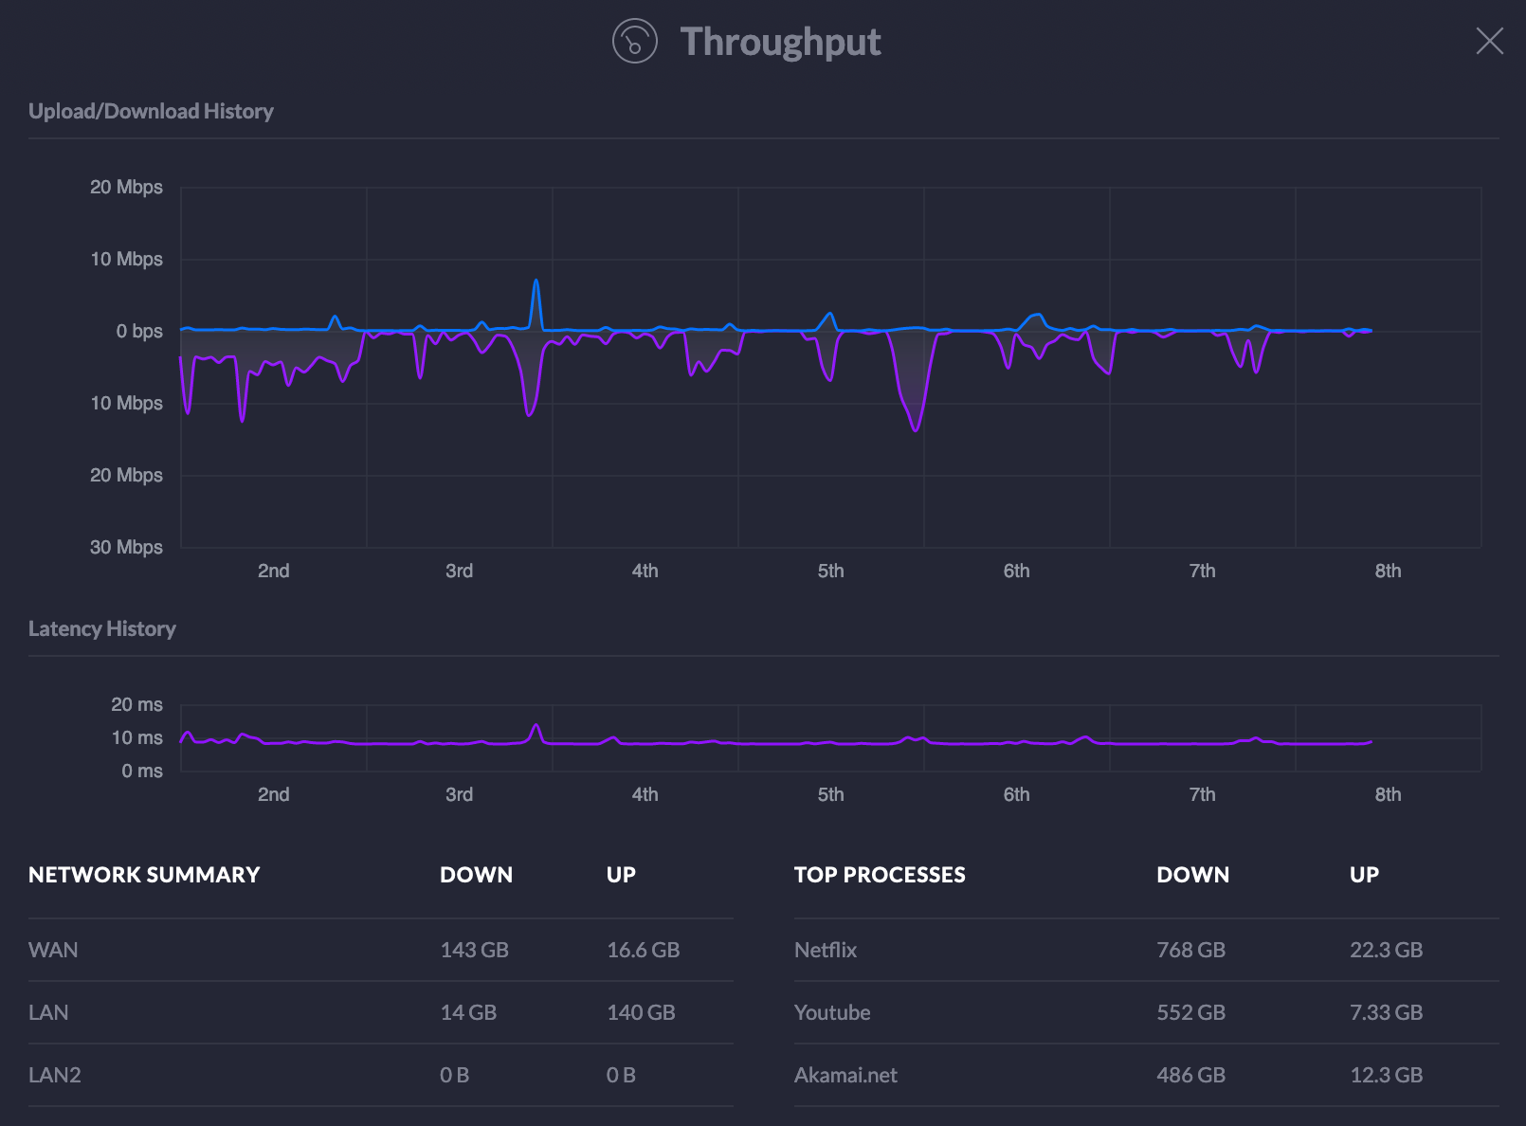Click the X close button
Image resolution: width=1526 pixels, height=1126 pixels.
tap(1489, 41)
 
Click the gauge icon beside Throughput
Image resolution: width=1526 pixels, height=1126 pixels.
tap(634, 42)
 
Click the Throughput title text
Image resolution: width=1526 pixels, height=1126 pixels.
tap(780, 42)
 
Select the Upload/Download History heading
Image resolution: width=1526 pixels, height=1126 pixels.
tap(151, 111)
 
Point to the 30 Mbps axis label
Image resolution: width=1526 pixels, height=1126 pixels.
tap(126, 547)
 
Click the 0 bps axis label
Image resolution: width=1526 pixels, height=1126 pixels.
tap(138, 331)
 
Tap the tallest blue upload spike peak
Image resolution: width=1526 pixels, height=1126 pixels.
tap(536, 281)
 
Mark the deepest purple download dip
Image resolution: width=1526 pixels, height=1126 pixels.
tap(916, 430)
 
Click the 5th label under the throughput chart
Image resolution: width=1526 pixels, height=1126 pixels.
tap(830, 571)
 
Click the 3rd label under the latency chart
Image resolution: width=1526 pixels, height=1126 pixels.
tap(459, 794)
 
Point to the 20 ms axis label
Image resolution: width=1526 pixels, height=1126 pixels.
tap(136, 704)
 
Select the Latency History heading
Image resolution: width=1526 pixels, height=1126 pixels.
tap(101, 628)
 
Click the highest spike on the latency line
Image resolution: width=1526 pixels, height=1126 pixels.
tap(536, 726)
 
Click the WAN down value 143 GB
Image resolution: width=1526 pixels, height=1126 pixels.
tap(474, 950)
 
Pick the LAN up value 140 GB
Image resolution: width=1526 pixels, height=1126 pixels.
tap(641, 1012)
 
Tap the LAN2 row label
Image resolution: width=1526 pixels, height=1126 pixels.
tap(54, 1075)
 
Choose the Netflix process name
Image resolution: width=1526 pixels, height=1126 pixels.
tap(825, 950)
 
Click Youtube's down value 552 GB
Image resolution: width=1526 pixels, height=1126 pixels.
tap(1190, 1012)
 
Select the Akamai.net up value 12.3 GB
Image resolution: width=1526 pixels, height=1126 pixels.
tap(1386, 1075)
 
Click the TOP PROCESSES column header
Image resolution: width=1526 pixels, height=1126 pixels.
tap(879, 875)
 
